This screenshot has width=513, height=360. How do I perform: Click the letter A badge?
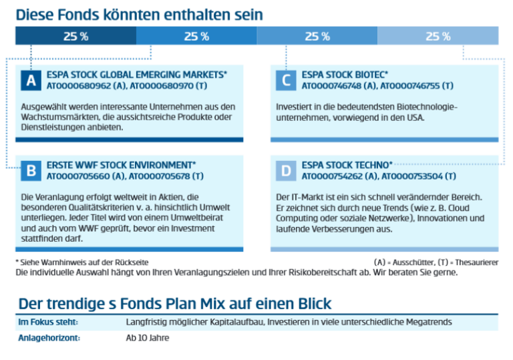[30, 81]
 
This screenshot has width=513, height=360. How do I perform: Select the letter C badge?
[285, 81]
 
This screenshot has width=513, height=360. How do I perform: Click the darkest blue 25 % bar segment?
[75, 36]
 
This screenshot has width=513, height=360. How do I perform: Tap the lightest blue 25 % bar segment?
[438, 36]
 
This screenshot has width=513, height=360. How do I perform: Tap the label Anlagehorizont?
[49, 338]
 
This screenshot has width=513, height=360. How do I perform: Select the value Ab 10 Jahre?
[148, 338]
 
